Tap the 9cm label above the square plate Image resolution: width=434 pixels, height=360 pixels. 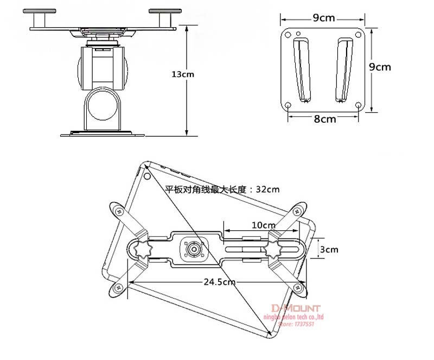[x=323, y=18]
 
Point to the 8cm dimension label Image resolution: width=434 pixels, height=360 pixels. [x=324, y=119]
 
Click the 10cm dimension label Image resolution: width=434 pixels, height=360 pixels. [x=263, y=225]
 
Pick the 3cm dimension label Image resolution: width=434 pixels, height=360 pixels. [x=329, y=250]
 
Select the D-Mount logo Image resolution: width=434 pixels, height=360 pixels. [x=296, y=308]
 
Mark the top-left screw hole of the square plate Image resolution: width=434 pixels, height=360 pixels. [x=287, y=35]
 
